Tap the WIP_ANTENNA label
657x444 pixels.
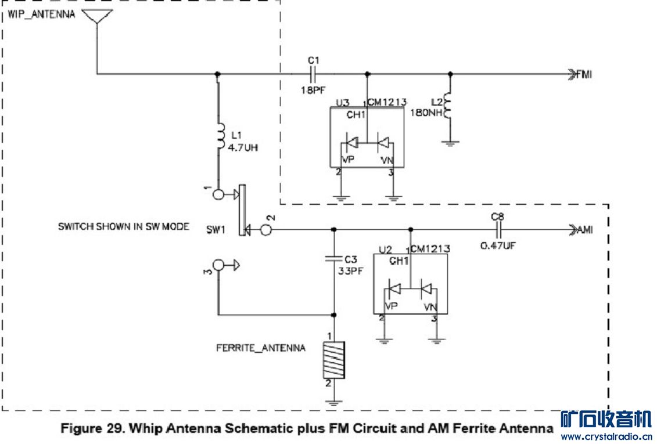[x=41, y=14]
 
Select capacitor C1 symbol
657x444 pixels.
[x=314, y=74]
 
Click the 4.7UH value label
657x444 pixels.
[x=242, y=147]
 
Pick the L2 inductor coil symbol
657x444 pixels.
[x=448, y=106]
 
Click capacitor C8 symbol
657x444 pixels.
[x=498, y=230]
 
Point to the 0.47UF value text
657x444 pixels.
[x=498, y=246]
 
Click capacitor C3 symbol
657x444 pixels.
[x=333, y=257]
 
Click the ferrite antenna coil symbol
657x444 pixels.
[x=333, y=360]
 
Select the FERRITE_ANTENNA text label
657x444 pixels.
[x=261, y=348]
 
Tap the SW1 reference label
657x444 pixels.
[x=215, y=230]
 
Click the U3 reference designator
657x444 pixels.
[x=343, y=103]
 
